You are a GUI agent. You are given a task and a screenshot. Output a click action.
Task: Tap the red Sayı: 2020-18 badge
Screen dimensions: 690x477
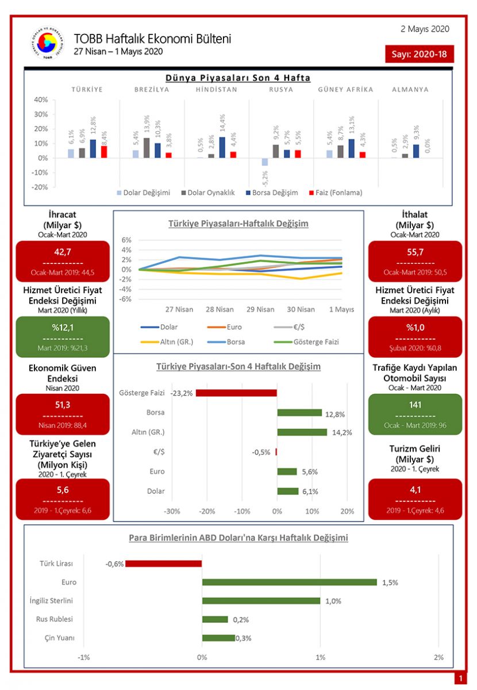[x=420, y=54]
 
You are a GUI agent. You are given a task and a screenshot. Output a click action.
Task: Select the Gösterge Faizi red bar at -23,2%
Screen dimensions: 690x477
[x=237, y=393]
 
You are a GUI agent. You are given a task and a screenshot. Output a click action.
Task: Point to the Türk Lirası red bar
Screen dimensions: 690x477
[x=164, y=563]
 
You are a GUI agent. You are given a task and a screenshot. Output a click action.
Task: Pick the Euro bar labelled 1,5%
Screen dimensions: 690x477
[x=290, y=582]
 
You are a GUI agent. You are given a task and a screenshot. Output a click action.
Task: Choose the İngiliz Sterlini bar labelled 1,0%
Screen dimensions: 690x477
[x=261, y=601]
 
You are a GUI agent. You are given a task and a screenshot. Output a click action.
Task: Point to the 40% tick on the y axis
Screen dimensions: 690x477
[x=41, y=99]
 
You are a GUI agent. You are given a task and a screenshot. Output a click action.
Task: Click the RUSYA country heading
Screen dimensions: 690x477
[x=281, y=90]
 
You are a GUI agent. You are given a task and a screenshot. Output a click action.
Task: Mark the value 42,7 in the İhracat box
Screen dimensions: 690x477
[x=63, y=251]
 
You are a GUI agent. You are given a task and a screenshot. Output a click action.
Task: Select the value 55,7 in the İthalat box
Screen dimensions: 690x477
[x=414, y=251]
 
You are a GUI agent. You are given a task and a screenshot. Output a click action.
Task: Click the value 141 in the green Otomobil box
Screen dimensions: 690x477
[x=414, y=404]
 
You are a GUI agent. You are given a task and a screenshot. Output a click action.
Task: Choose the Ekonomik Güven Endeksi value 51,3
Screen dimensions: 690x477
[x=63, y=404]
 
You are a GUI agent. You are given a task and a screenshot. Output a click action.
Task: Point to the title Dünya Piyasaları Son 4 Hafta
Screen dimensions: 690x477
[x=238, y=78]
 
